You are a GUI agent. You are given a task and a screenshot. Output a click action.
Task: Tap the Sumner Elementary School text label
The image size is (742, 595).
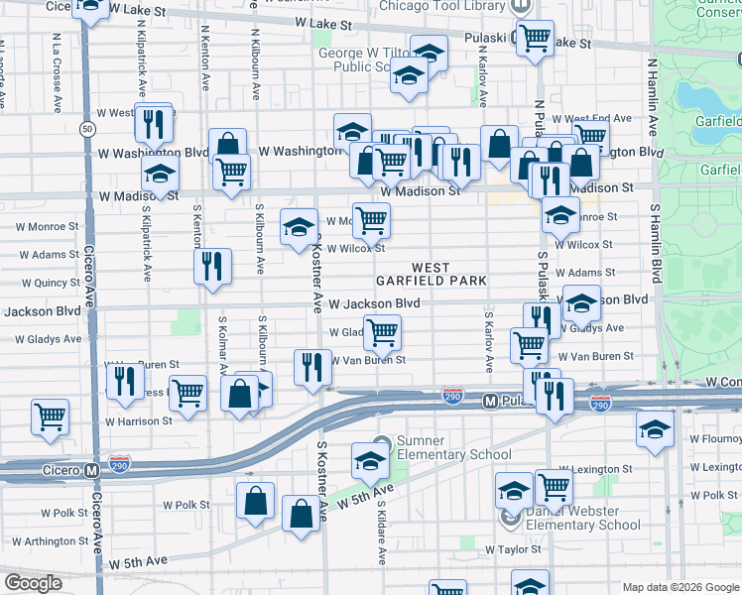439,448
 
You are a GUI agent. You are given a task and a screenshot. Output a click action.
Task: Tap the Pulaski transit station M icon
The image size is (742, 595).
489,402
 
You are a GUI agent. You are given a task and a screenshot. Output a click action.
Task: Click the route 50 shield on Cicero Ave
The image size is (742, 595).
88,130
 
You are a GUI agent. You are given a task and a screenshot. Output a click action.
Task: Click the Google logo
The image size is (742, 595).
34,582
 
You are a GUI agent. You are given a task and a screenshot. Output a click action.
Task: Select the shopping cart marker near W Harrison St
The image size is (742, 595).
50,416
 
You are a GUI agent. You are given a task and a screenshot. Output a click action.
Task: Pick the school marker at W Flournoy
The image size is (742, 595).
654,429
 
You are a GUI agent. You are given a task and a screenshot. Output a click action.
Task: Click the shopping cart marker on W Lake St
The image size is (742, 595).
536,39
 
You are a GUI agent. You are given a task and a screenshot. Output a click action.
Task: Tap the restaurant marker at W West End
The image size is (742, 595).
153,122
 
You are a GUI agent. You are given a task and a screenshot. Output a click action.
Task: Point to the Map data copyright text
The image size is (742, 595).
680,586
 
